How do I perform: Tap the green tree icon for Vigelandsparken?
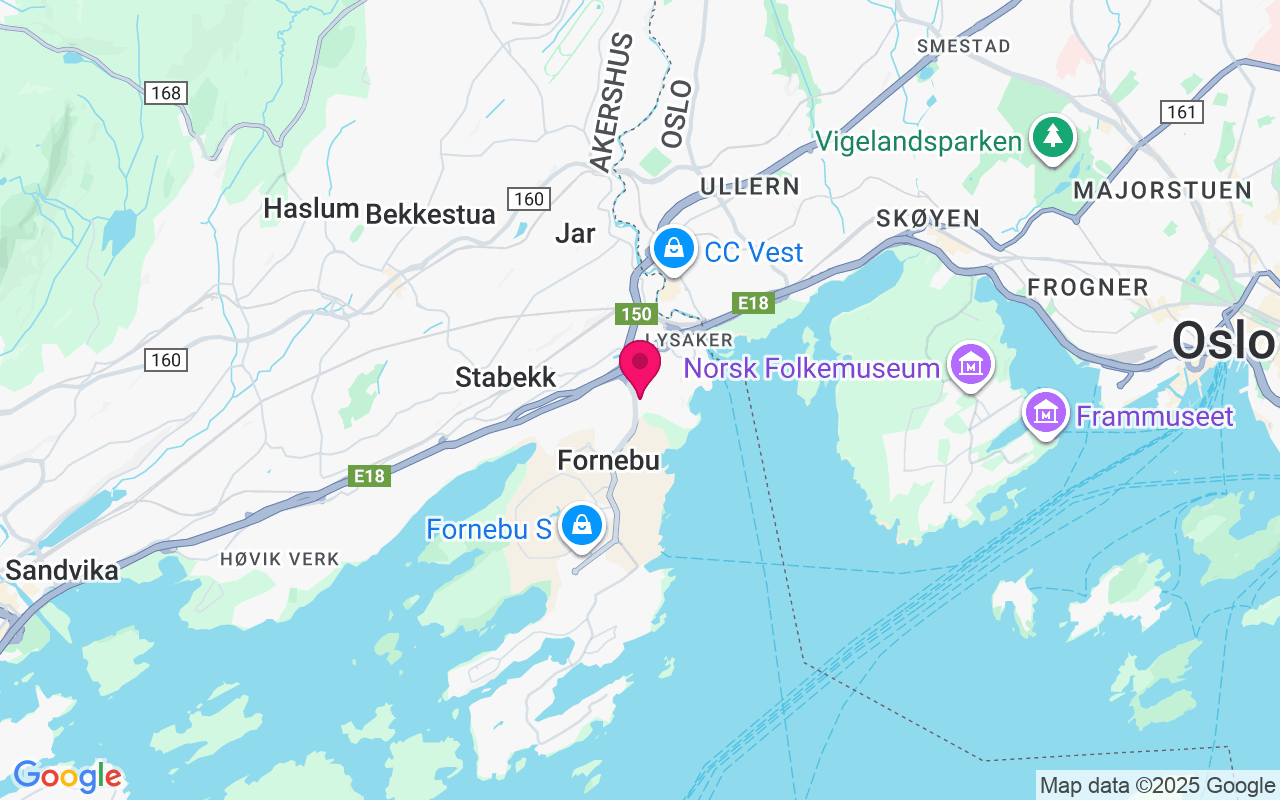coord(1052,138)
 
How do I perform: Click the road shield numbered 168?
coord(166,93)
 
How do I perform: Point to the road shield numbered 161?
coord(1182,112)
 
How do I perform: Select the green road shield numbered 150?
coord(636,314)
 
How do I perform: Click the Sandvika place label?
coord(62,570)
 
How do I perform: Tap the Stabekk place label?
coord(505,377)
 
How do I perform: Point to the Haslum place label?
coord(311,209)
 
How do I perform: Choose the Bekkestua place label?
coord(431,214)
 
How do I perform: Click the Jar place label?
coord(575,233)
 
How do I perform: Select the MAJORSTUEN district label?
coord(1162,190)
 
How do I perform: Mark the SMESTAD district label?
coord(964,46)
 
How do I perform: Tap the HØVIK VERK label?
coord(280,559)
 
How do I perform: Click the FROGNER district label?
coord(1088,288)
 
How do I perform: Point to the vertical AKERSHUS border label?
coord(610,102)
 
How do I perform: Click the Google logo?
coord(67,776)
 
